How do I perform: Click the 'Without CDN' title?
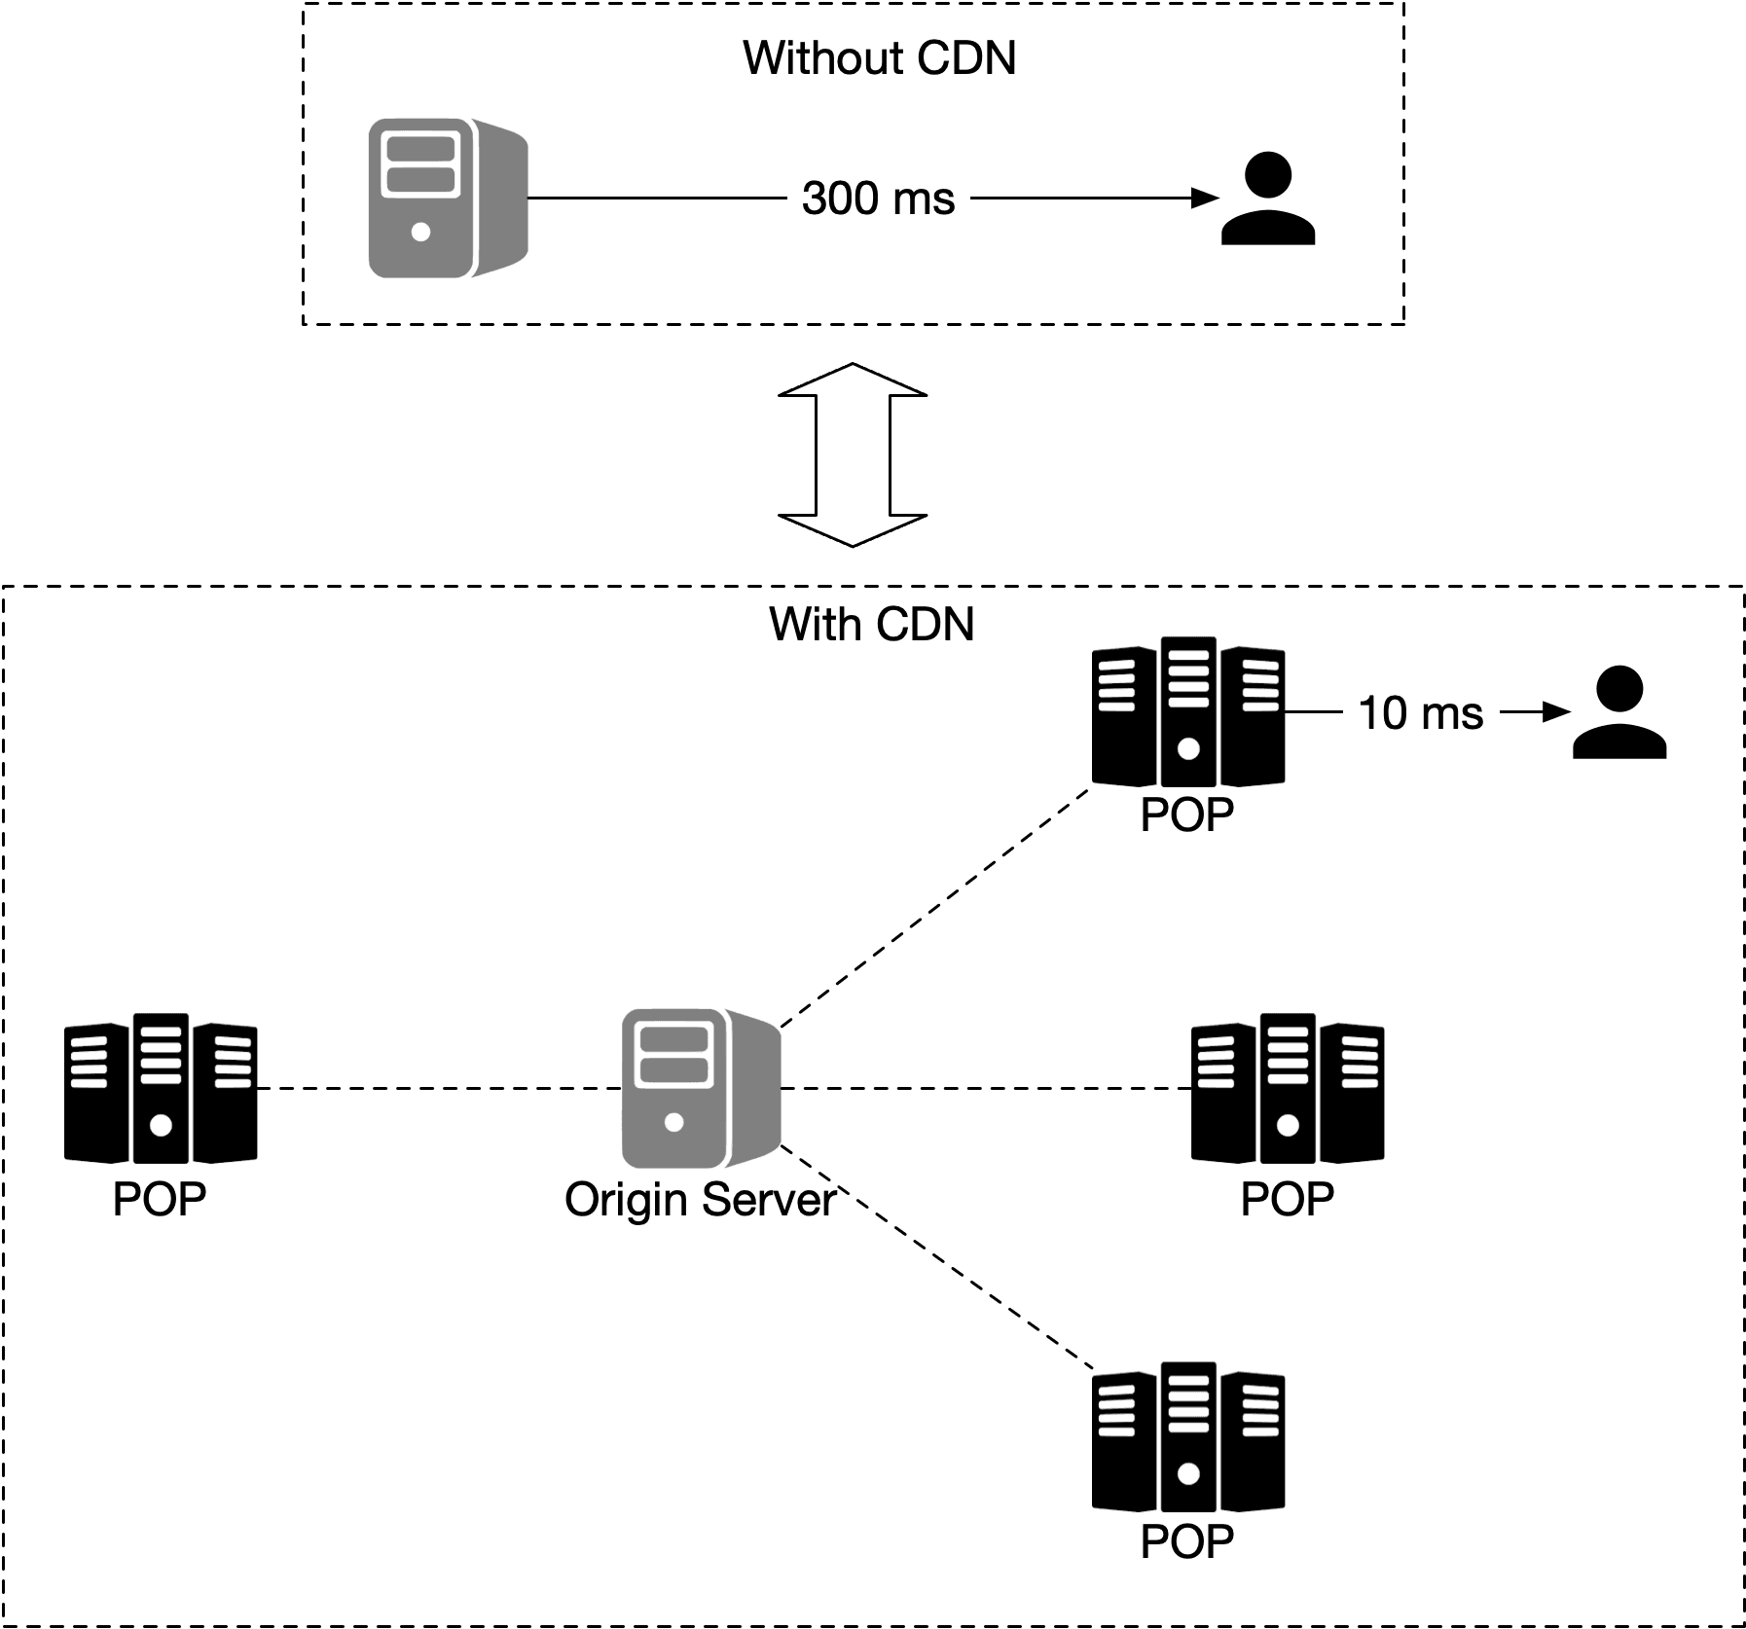click(879, 58)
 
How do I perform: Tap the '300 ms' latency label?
click(878, 199)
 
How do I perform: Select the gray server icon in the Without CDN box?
click(447, 199)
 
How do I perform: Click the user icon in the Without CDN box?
click(1268, 199)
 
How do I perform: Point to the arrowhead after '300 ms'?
click(1207, 199)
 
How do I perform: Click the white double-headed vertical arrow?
click(853, 454)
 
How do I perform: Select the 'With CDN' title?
click(871, 624)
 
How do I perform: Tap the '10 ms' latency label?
click(1420, 713)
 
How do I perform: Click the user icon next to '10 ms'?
click(1619, 713)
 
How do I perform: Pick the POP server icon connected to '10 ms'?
click(1187, 713)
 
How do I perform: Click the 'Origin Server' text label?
click(700, 1200)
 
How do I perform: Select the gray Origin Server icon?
click(700, 1089)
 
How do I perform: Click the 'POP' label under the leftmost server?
click(160, 1200)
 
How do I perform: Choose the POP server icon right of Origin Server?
click(1288, 1089)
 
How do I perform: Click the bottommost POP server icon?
click(1187, 1437)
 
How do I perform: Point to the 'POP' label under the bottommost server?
click(1186, 1541)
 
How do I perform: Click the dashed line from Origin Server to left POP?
click(438, 1089)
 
